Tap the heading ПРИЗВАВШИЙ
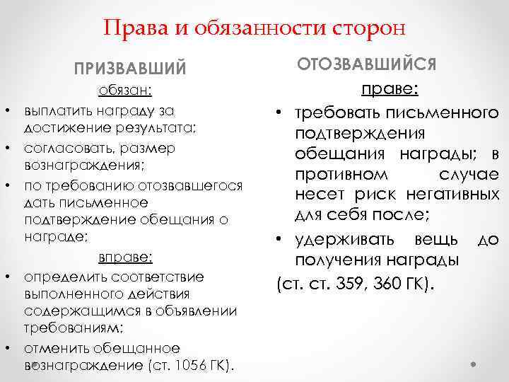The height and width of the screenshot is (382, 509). pyautogui.click(x=131, y=70)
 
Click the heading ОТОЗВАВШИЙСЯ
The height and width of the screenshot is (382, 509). pyautogui.click(x=367, y=65)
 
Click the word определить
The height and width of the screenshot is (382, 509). pyautogui.click(x=59, y=276)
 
